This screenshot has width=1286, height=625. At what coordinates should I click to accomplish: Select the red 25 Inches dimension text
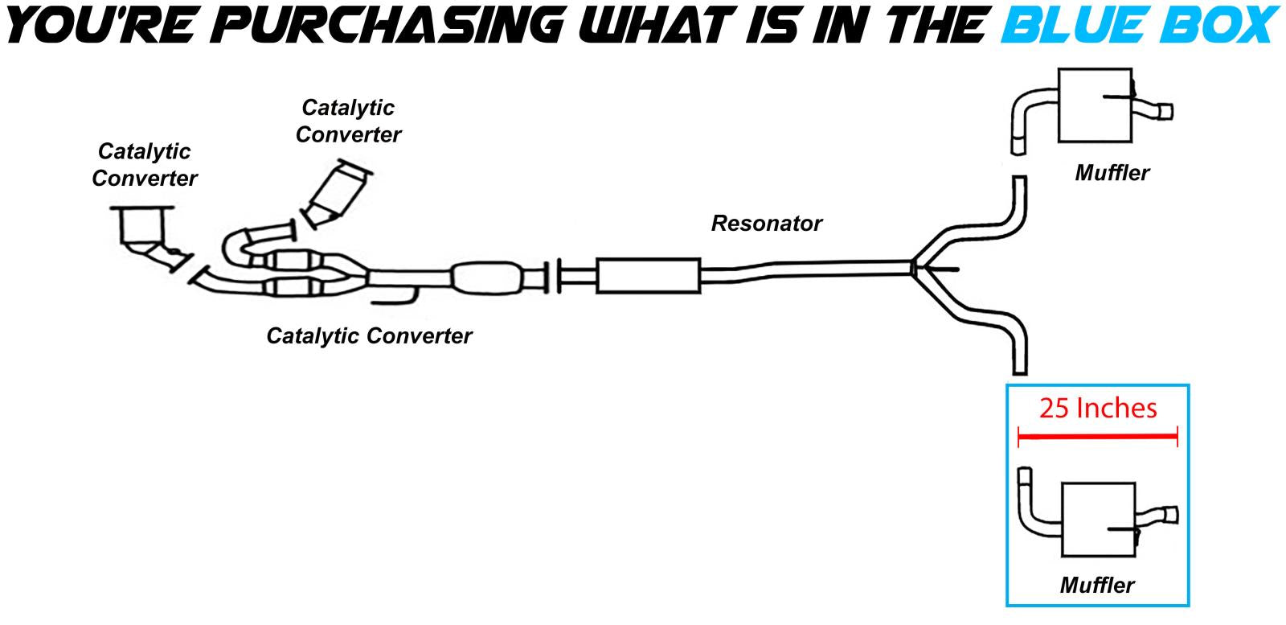click(1098, 409)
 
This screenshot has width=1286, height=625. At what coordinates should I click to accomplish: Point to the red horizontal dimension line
click(1098, 438)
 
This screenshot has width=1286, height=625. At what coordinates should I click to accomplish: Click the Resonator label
click(766, 223)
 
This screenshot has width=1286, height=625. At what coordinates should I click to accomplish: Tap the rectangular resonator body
click(648, 276)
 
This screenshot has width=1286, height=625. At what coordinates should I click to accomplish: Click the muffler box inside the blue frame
click(1098, 520)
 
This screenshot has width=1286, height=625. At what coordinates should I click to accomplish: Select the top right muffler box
click(1094, 105)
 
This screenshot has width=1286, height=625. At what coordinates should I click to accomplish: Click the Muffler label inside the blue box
click(1097, 585)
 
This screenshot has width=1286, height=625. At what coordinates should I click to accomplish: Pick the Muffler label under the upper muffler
click(1112, 172)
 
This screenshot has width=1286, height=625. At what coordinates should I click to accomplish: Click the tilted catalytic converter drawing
click(339, 193)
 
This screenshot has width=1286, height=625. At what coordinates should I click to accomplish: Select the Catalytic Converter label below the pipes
click(369, 335)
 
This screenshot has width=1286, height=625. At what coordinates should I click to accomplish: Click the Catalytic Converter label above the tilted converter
click(348, 121)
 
